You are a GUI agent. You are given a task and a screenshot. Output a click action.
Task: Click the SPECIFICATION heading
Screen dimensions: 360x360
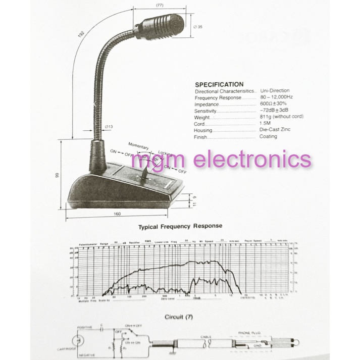[219, 84]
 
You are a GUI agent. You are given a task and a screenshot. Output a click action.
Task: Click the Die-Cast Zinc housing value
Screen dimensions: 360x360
[276, 130]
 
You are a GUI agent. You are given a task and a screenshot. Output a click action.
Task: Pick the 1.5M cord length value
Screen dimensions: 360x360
[265, 123]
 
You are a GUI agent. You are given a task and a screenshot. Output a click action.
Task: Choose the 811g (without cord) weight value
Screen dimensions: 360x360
[281, 117]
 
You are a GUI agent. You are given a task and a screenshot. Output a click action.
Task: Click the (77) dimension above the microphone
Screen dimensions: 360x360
[160, 5]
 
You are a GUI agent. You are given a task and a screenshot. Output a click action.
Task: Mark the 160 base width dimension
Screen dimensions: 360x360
[117, 214]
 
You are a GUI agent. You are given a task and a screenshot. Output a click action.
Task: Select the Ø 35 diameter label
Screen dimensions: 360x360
[197, 27]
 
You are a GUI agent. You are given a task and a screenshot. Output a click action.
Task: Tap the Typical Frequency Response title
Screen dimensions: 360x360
[180, 227]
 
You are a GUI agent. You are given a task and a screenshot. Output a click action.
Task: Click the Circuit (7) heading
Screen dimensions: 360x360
[180, 318]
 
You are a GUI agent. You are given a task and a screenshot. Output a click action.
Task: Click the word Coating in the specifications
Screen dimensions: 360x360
[268, 136]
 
